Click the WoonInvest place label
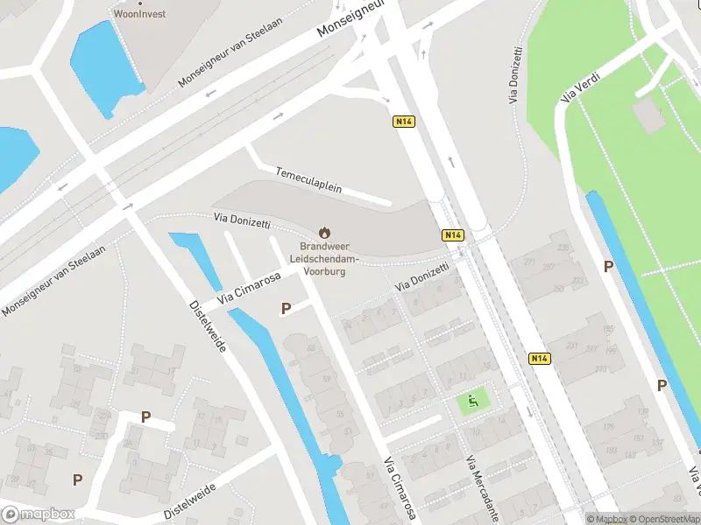pyautogui.click(x=139, y=14)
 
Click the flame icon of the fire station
pyautogui.click(x=324, y=233)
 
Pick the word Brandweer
pyautogui.click(x=324, y=248)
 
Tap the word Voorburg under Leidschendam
pyautogui.click(x=324, y=272)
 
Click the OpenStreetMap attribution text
pyautogui.click(x=665, y=520)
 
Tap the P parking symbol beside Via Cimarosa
pyautogui.click(x=286, y=308)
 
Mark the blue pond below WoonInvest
pyautogui.click(x=103, y=66)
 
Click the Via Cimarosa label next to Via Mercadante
pyautogui.click(x=400, y=490)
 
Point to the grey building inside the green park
pyautogui.click(x=648, y=115)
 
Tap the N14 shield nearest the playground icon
pyautogui.click(x=540, y=359)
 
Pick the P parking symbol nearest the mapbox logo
pyautogui.click(x=77, y=479)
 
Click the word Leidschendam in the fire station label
pyautogui.click(x=326, y=260)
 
